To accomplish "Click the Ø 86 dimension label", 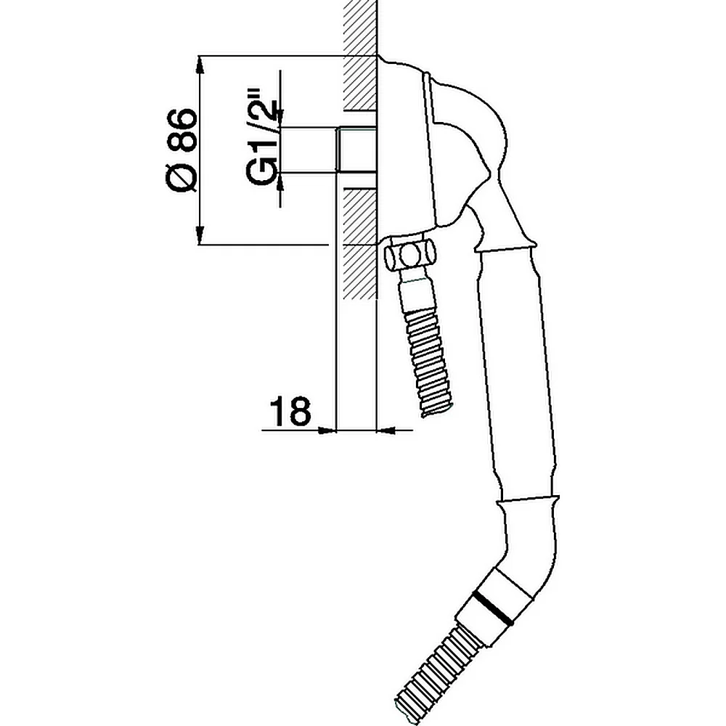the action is (x=181, y=150).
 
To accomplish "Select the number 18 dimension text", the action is (x=290, y=411).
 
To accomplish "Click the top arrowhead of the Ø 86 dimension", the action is (x=200, y=64).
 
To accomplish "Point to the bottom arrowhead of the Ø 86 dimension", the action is (x=200, y=235).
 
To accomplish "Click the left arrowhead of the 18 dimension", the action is (x=327, y=431).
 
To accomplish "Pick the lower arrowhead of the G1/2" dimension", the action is (x=280, y=181).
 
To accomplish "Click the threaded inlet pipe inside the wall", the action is (x=356, y=150).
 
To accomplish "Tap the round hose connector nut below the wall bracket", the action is (x=409, y=253).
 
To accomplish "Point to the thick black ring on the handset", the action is (x=493, y=608).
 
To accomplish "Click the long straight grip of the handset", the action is (x=517, y=375).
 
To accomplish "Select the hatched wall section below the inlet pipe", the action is (x=359, y=243).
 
